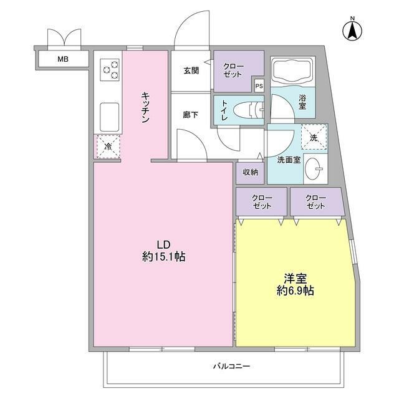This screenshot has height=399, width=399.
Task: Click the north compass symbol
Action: [352, 29]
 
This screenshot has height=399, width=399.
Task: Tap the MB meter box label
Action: [63, 60]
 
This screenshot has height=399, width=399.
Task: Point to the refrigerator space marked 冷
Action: [108, 147]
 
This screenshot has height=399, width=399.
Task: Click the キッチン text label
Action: [145, 107]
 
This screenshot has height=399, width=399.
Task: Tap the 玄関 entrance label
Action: [191, 70]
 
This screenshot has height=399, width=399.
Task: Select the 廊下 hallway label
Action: [191, 115]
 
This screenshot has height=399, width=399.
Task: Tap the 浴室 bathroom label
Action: [302, 102]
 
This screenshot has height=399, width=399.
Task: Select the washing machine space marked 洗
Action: [314, 137]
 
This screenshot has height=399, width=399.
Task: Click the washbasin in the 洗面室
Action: [316, 168]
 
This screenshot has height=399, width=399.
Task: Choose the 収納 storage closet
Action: [250, 172]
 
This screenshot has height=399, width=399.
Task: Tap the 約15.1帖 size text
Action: [164, 256]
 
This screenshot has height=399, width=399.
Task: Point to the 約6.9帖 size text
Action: [296, 290]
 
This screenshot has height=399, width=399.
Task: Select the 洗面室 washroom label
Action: [289, 160]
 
